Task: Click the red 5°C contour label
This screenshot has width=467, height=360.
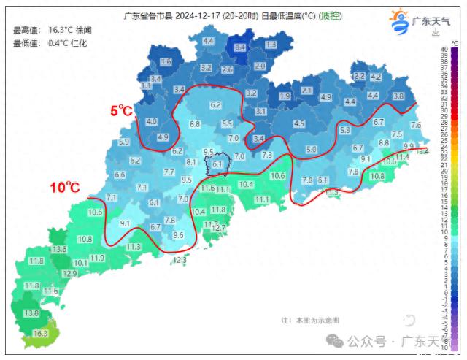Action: [x=122, y=111]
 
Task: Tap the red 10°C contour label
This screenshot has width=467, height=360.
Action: [x=65, y=188]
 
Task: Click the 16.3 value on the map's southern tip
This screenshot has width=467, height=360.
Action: [x=40, y=334]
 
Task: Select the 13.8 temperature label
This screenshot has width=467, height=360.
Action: [x=31, y=313]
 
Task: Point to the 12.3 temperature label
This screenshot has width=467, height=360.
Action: [x=180, y=259]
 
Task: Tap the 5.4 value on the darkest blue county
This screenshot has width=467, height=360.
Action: [x=240, y=47]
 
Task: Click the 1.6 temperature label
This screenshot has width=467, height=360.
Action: [x=166, y=62]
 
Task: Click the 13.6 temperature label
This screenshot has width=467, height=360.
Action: [x=59, y=250]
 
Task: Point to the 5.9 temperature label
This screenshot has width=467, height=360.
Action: [x=124, y=142]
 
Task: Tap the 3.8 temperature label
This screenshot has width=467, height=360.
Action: [x=398, y=96]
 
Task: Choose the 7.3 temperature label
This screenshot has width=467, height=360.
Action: [x=267, y=155]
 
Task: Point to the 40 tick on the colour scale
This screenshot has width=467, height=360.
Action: [x=444, y=50]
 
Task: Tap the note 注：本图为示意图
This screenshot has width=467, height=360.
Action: [x=310, y=320]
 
